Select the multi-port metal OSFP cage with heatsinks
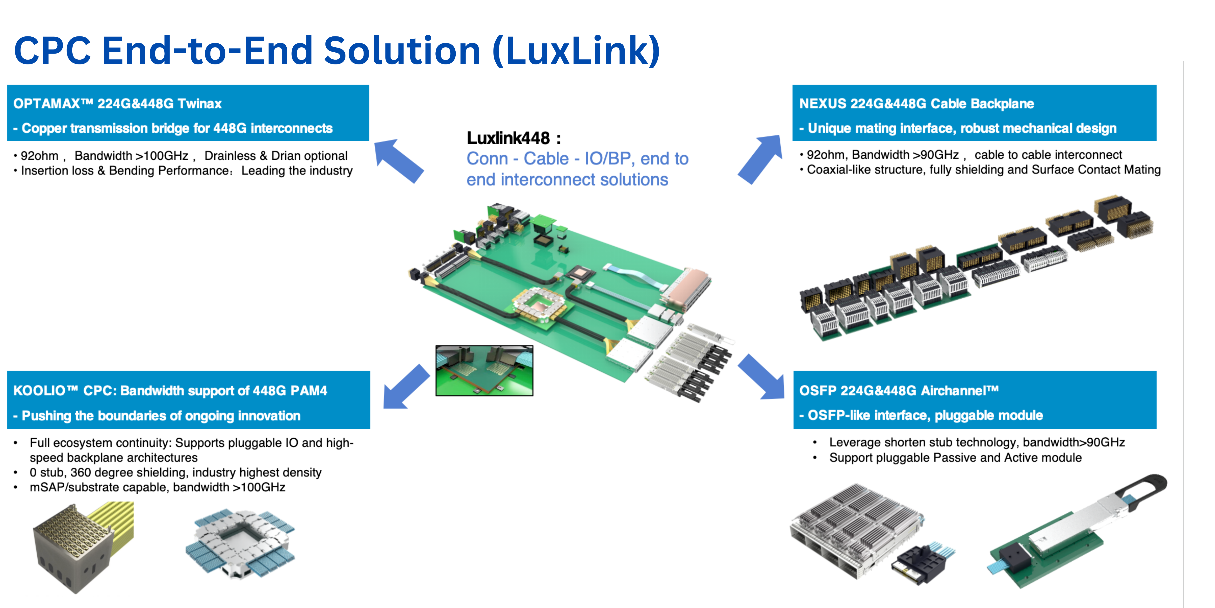(x=854, y=529)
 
